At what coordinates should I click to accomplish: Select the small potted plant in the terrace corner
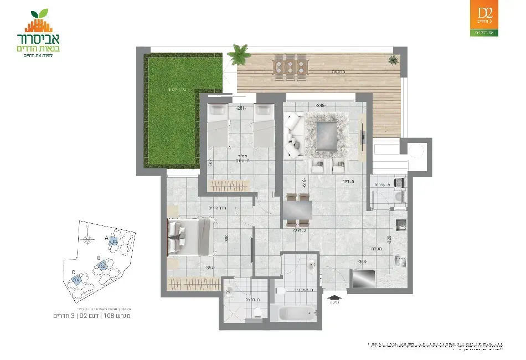394,59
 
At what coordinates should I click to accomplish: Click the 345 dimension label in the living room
320,105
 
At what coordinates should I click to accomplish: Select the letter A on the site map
106,238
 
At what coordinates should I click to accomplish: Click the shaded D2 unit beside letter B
102,266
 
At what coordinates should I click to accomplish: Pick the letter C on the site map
73,272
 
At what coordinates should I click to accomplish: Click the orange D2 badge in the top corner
484,16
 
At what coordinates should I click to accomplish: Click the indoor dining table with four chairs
297,211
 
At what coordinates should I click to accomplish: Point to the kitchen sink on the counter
401,224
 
